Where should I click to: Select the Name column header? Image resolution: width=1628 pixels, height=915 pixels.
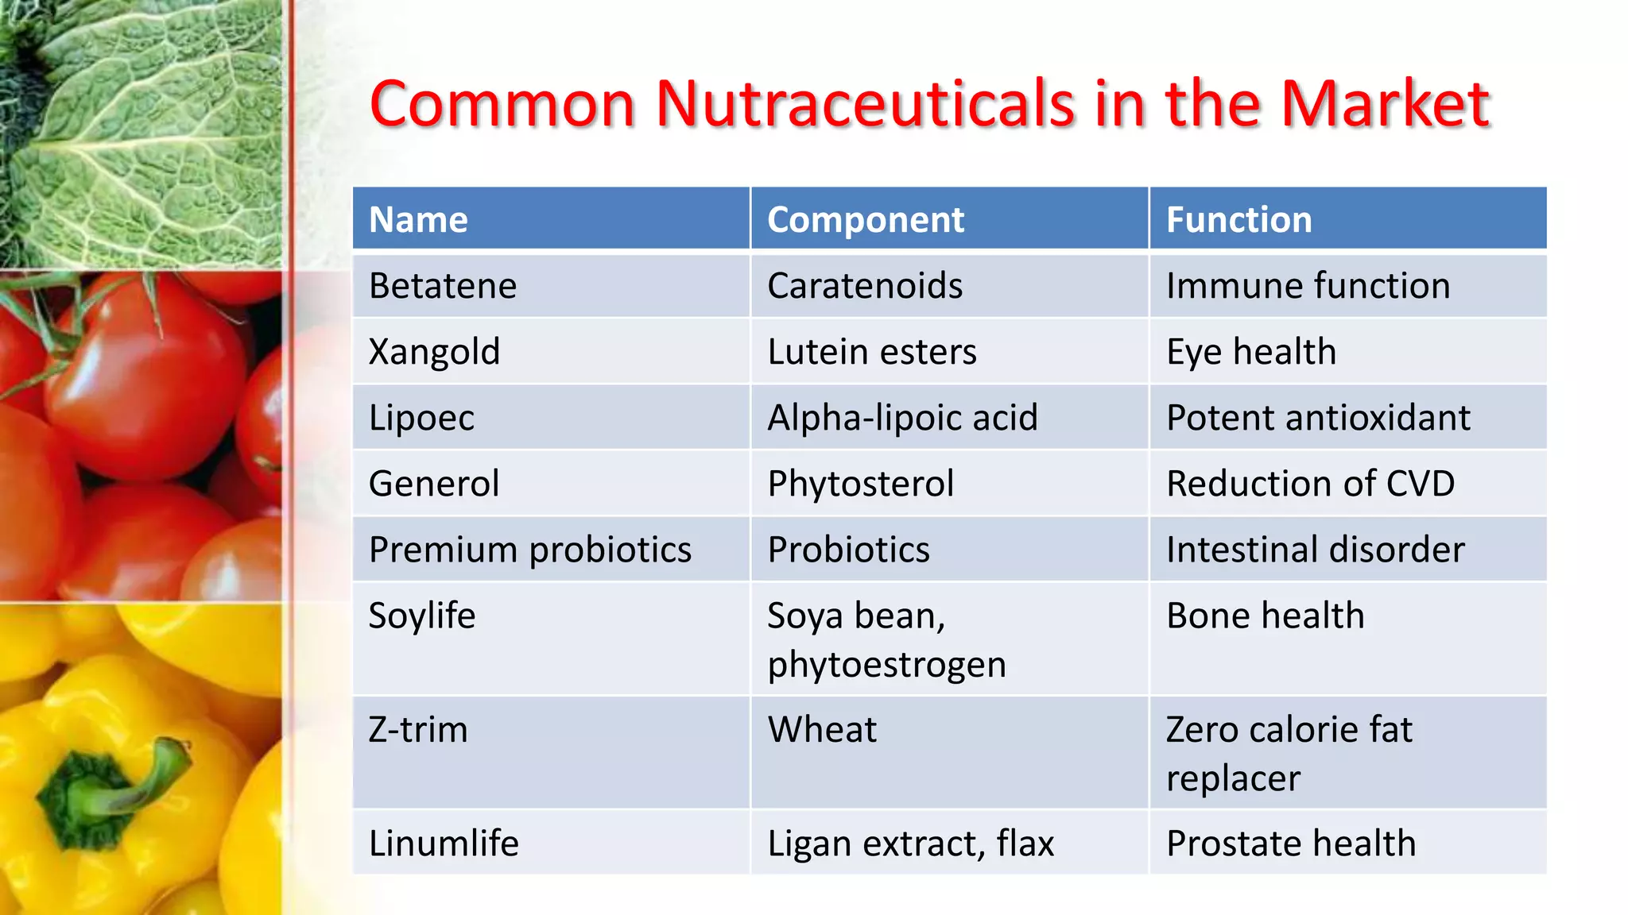[x=418, y=219]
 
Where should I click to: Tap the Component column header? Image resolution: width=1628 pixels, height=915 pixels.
[x=865, y=220]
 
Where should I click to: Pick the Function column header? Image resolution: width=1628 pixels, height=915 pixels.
[x=1238, y=219]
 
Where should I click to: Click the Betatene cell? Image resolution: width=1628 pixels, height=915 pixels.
[x=443, y=286]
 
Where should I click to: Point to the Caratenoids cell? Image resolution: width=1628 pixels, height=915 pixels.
[x=865, y=286]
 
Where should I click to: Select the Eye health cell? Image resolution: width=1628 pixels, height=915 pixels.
[x=1251, y=352]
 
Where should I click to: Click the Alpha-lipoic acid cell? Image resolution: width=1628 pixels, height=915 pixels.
[x=902, y=418]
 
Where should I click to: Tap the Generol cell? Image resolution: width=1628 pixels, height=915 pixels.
[x=434, y=484]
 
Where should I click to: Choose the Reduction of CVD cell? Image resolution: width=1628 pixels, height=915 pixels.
[x=1310, y=484]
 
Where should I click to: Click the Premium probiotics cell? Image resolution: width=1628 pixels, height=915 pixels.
[x=530, y=550]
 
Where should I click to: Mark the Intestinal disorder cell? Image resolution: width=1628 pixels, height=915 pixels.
[x=1315, y=550]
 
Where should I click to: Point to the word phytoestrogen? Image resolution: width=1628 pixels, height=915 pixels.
[x=886, y=665]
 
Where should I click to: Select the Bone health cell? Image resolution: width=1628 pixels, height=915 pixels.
[x=1265, y=616]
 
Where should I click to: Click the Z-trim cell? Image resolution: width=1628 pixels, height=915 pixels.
[x=418, y=730]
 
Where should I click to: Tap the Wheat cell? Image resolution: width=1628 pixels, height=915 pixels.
[x=822, y=730]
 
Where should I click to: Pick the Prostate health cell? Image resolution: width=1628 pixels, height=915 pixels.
[x=1291, y=844]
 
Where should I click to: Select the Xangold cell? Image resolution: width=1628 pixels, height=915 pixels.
[x=434, y=352]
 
